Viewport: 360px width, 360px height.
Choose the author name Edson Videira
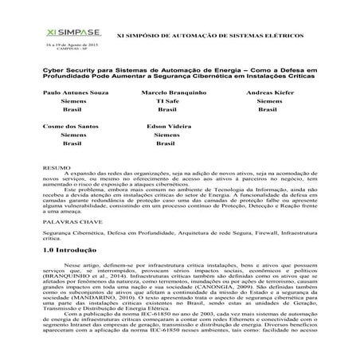coord(170,126)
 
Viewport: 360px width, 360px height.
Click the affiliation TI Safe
coord(166,103)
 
